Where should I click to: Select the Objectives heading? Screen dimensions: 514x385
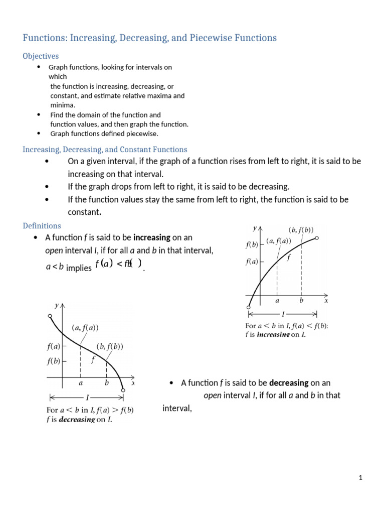[41, 56]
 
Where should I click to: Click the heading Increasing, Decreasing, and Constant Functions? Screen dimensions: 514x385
[105, 150]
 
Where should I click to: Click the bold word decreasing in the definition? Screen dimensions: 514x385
[289, 383]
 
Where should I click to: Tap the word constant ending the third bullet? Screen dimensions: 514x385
[84, 212]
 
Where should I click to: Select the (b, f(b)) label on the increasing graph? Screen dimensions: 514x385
[301, 230]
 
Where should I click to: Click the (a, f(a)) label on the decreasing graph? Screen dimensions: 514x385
[85, 328]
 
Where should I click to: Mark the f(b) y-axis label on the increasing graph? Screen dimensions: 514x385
[252, 245]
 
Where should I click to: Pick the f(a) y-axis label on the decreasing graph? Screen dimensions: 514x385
[54, 346]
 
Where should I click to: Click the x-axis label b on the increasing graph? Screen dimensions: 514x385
[301, 301]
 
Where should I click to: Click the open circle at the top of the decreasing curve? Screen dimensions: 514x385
[50, 316]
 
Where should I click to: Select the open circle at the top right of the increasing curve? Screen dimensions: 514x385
[316, 238]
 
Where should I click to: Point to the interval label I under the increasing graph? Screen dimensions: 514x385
[283, 315]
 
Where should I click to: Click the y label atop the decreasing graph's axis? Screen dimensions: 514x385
[56, 305]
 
